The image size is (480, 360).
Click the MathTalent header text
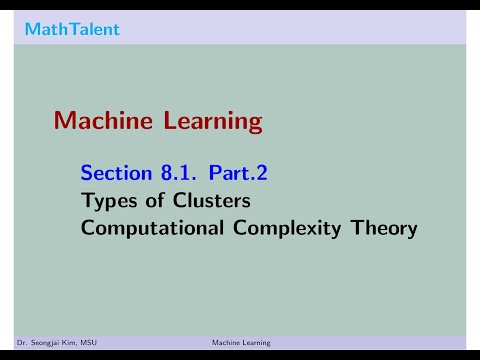tap(72, 29)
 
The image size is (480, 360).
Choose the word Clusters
tap(206, 201)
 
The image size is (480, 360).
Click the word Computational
tap(146, 228)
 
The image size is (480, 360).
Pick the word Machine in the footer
tap(226, 342)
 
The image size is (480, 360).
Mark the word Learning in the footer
tap(255, 342)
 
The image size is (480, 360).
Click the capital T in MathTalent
tap(65, 29)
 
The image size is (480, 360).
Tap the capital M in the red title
tap(64, 121)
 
